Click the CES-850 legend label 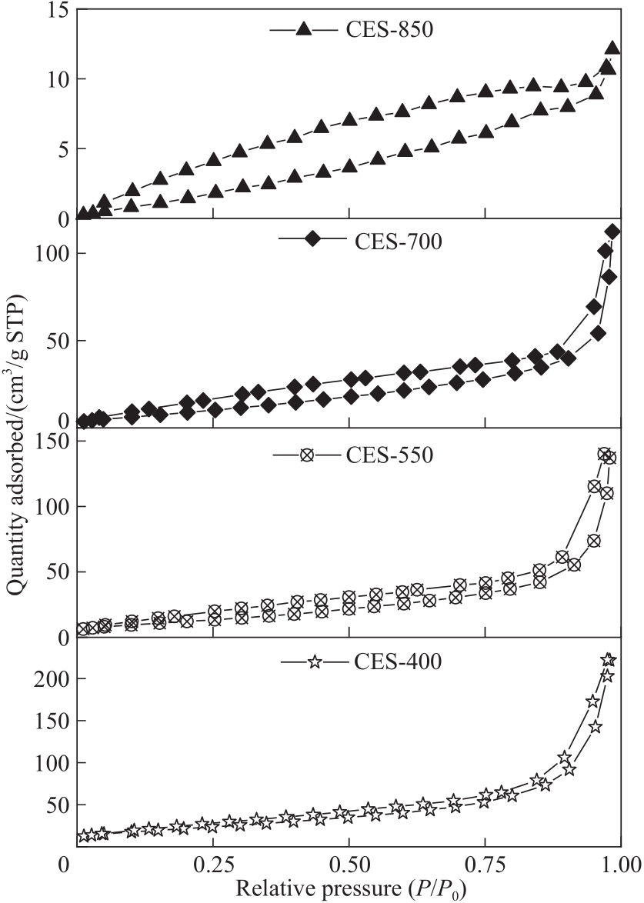point(385,30)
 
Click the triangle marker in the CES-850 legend point(303,30)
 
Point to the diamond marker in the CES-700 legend point(312,238)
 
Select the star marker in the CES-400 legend point(314,661)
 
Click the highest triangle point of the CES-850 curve point(612,48)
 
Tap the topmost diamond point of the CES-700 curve point(612,232)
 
